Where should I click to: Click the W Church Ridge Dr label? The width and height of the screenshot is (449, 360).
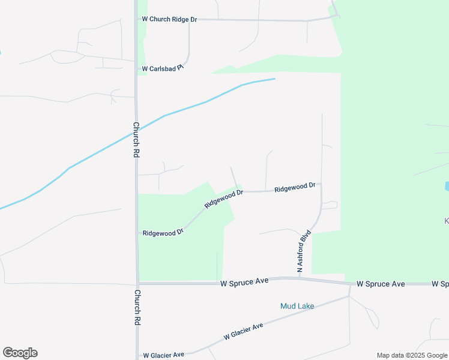(x=169, y=19)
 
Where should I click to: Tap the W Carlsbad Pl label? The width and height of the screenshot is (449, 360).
(x=162, y=69)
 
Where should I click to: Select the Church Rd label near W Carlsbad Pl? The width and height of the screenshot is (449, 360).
(x=136, y=140)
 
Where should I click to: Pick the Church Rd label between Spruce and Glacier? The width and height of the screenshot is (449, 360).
(x=137, y=307)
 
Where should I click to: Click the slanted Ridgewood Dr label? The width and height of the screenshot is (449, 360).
(x=223, y=199)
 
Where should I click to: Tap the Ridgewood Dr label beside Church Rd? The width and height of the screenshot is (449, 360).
(x=163, y=232)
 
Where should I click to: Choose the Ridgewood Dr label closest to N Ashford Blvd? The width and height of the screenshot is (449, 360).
(x=295, y=187)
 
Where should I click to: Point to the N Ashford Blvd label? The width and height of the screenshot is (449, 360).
(x=305, y=251)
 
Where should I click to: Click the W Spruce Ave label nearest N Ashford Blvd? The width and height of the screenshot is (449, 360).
(x=244, y=282)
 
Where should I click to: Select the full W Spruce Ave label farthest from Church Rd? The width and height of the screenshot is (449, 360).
(x=381, y=283)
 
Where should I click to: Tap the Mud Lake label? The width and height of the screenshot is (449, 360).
(x=297, y=306)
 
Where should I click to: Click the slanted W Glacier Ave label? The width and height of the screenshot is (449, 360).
(x=244, y=332)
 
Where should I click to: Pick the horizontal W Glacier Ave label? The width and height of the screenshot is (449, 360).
(x=163, y=355)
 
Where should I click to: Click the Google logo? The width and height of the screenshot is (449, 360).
(x=20, y=353)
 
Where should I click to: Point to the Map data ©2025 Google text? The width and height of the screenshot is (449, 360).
(x=412, y=355)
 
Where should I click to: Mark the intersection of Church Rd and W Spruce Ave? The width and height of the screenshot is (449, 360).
(x=137, y=283)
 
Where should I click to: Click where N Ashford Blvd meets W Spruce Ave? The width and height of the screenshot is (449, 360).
(x=299, y=278)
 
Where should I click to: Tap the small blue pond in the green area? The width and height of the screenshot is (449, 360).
(x=447, y=186)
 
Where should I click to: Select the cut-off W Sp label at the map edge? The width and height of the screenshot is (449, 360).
(x=440, y=283)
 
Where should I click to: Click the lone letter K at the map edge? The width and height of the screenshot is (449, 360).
(x=446, y=221)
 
